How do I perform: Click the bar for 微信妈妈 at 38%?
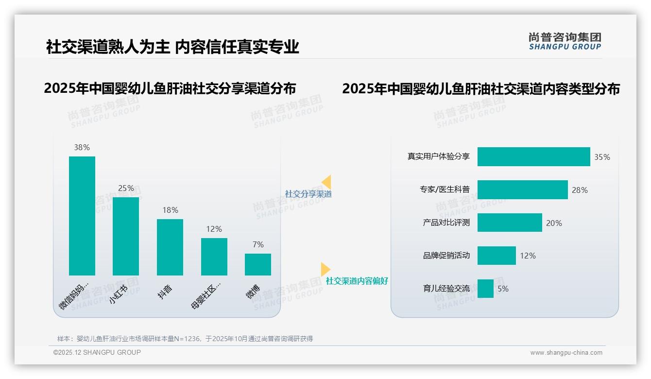point(82,216)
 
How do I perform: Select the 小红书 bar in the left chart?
point(126,236)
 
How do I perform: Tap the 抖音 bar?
point(170,247)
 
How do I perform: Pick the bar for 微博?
point(258,264)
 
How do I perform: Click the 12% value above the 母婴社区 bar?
point(214,229)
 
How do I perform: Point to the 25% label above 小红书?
point(126,188)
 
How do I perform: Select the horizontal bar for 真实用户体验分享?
point(533,157)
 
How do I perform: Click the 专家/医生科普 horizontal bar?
point(522,190)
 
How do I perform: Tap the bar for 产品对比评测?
point(510,223)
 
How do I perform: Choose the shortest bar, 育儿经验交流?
point(485,289)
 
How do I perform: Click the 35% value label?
point(602,157)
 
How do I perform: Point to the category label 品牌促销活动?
point(446,256)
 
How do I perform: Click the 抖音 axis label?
point(165,292)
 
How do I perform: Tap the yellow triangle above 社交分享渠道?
point(326,182)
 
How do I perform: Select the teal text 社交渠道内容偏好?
point(357,281)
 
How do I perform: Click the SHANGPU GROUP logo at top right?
point(565,41)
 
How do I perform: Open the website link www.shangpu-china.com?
point(566,353)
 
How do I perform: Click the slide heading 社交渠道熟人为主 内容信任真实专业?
point(172,47)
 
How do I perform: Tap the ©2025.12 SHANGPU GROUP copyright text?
point(97,353)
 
